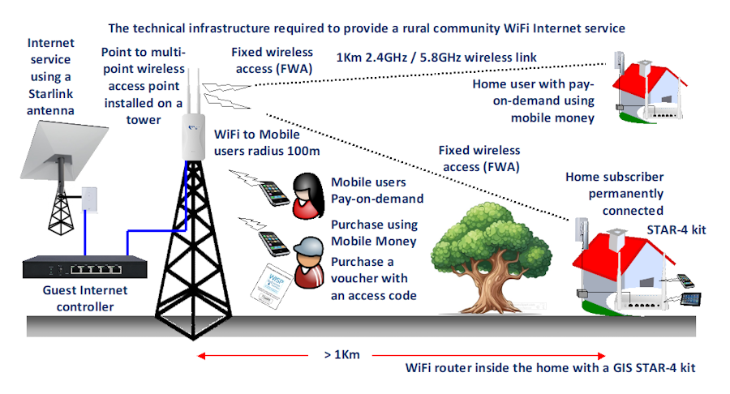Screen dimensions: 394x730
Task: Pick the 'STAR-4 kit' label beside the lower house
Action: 675,229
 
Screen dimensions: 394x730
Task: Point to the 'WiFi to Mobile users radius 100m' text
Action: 267,142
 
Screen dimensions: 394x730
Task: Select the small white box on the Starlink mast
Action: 89,199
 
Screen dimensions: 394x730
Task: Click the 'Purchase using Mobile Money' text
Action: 374,233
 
